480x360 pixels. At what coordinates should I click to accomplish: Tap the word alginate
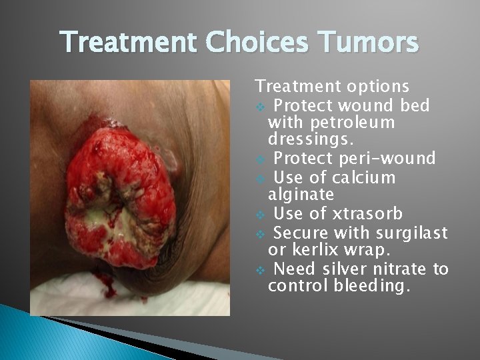tap(301, 195)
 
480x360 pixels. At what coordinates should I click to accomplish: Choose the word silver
tap(351, 269)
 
